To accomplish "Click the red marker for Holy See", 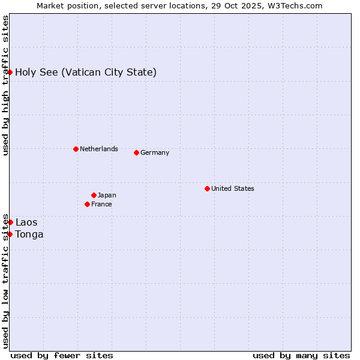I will click(x=10, y=72).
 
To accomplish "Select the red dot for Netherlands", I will click(x=76, y=149).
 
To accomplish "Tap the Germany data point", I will click(x=136, y=152).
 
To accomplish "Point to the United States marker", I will click(x=207, y=188).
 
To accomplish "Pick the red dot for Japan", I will click(x=94, y=195).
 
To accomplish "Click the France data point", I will click(x=87, y=204).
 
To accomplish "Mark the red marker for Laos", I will click(x=10, y=222).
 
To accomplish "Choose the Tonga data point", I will click(x=10, y=234).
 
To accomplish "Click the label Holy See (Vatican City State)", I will click(x=86, y=73).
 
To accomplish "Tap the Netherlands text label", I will click(x=99, y=149).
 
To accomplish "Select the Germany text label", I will click(x=155, y=152).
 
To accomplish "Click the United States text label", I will click(x=233, y=188).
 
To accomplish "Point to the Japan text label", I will click(x=107, y=195).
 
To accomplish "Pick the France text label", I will click(x=101, y=204).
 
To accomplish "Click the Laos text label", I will click(x=26, y=223).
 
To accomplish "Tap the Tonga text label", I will click(x=29, y=235).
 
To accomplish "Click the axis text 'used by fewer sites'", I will click(x=62, y=355).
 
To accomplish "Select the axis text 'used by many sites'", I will click(x=301, y=355).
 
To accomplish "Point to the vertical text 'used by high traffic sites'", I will click(x=5, y=85).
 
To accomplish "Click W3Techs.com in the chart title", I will click(x=294, y=5).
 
